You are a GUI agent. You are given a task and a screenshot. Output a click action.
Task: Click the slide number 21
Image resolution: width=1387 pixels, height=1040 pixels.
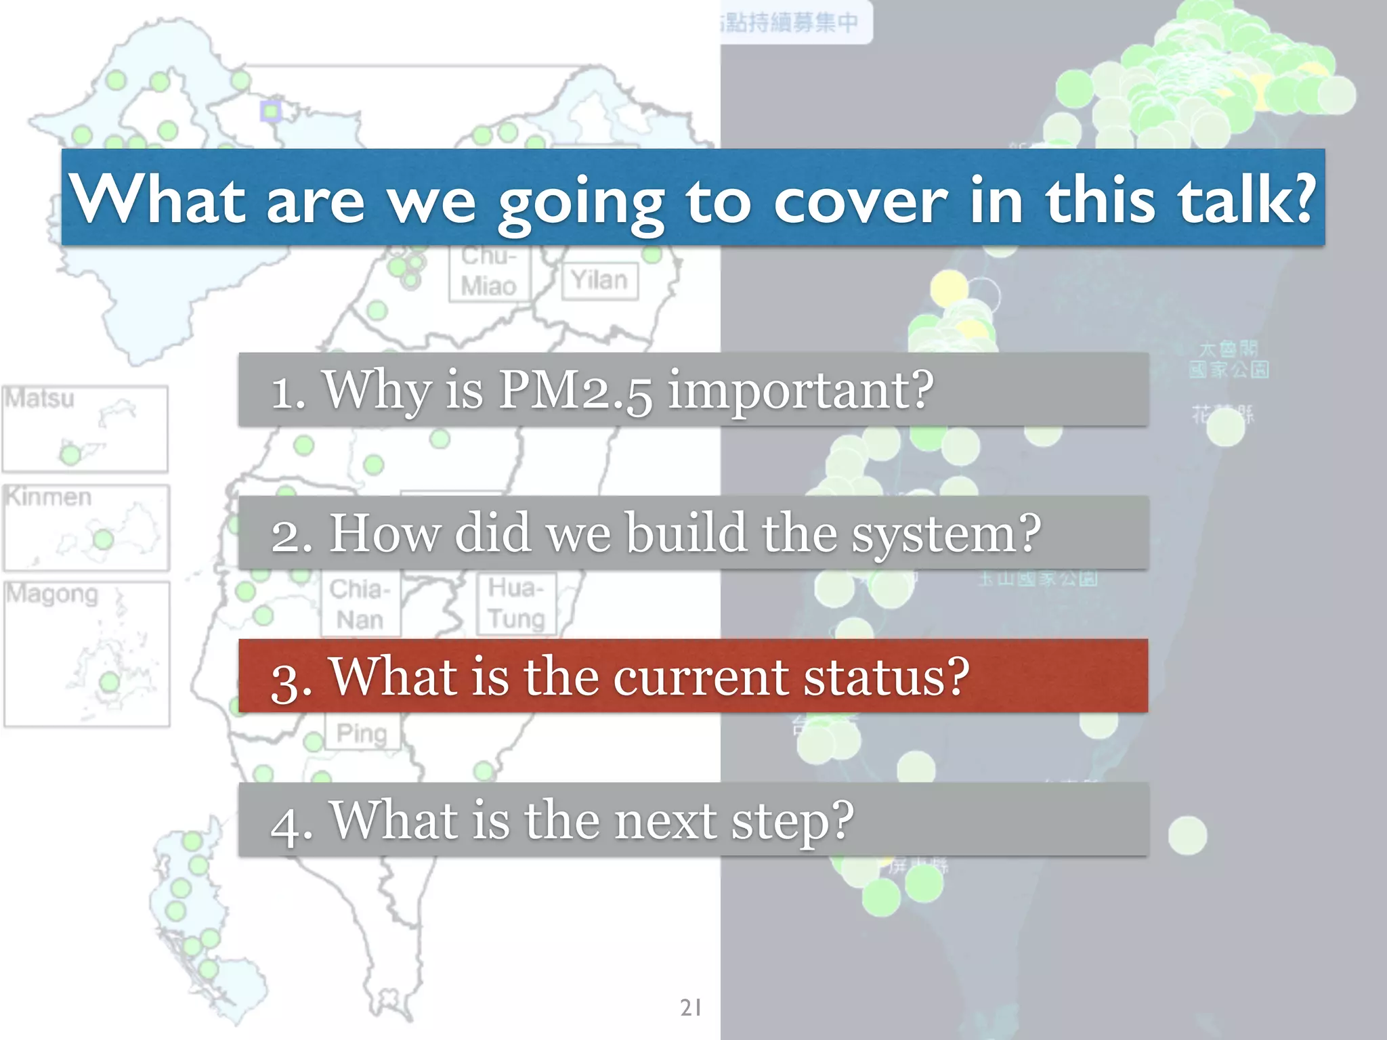[691, 1007]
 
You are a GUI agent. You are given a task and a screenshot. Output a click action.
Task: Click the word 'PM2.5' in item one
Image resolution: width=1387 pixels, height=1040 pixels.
[576, 391]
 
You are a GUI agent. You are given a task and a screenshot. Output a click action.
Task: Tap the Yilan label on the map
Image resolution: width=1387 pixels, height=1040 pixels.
[599, 280]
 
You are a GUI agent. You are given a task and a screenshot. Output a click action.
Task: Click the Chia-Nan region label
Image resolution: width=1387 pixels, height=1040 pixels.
[360, 604]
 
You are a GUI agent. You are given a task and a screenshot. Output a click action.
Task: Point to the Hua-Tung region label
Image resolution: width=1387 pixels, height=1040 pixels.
[516, 603]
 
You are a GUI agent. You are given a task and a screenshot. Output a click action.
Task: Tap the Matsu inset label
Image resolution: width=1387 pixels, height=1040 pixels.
[39, 398]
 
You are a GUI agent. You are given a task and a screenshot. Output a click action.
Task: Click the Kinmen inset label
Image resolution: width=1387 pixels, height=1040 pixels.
[48, 497]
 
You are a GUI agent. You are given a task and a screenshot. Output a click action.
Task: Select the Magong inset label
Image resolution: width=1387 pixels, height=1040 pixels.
[52, 594]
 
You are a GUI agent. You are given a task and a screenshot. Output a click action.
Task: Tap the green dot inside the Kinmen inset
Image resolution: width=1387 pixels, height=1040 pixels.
[103, 540]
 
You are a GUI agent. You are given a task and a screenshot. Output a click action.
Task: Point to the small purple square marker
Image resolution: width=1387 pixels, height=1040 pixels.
[271, 111]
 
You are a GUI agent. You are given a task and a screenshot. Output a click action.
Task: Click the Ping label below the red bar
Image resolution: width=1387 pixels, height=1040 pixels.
[362, 733]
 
